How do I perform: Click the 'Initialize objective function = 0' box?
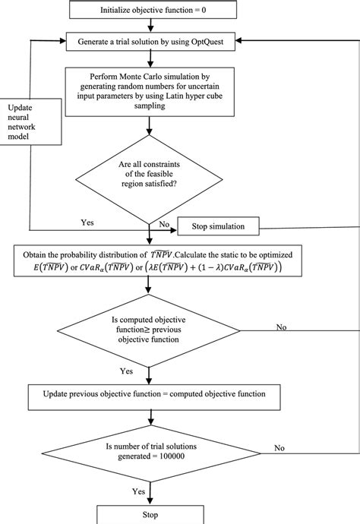coord(158,11)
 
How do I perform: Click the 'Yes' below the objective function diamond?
coord(126,373)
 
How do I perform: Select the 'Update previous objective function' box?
coord(157,395)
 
